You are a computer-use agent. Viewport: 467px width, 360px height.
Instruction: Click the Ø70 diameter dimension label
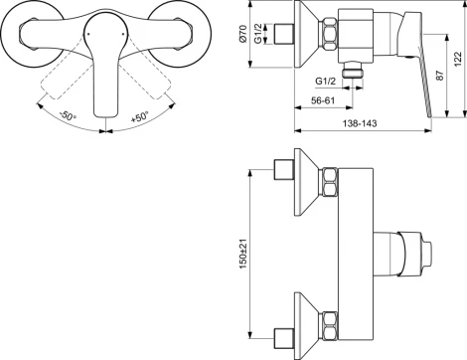(243, 34)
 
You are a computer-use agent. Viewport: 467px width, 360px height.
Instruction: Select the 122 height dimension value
(458, 59)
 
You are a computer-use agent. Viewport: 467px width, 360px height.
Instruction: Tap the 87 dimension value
(439, 76)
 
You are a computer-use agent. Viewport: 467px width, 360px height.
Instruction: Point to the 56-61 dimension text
(323, 100)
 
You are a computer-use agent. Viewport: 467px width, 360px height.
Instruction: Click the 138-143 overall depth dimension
(360, 123)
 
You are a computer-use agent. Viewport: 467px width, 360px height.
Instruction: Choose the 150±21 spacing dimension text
(243, 255)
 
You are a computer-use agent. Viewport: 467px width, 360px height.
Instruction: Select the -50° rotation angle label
(68, 115)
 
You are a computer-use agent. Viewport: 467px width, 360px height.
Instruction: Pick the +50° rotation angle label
(139, 117)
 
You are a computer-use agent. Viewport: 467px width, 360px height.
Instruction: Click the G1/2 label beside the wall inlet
(258, 34)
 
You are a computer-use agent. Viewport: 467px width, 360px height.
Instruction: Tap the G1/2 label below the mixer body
(325, 81)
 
